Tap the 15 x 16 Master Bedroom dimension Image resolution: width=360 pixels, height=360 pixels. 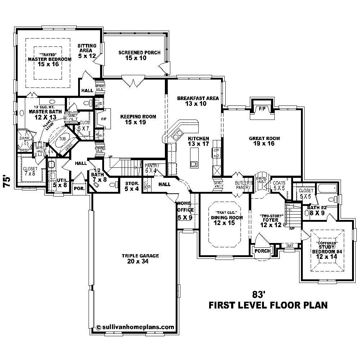coord(49,64)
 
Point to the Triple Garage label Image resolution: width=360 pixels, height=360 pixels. coord(140,256)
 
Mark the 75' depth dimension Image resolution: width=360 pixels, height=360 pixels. coord(6,180)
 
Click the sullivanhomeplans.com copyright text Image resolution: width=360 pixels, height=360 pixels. coord(135,327)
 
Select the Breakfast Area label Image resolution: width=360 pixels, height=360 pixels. coord(198,98)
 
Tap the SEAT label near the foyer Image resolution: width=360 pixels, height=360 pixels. coord(289,246)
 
